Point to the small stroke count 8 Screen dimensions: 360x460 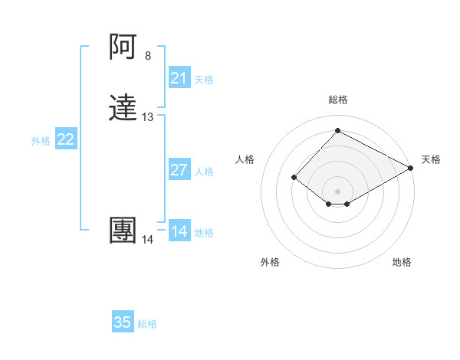(x=148, y=56)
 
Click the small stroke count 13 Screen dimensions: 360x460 (x=148, y=117)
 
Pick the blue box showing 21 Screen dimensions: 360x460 (x=179, y=78)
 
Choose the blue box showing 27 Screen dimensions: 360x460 (x=179, y=170)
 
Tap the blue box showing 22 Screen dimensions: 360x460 (x=66, y=139)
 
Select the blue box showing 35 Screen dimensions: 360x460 (x=123, y=322)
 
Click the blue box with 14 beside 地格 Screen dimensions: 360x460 (x=179, y=231)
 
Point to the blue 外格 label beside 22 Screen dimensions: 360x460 (x=41, y=141)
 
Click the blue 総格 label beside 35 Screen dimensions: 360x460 (x=147, y=324)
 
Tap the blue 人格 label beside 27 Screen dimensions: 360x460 (x=205, y=172)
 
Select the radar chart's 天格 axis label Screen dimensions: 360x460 (x=431, y=159)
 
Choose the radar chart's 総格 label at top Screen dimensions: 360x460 (x=338, y=100)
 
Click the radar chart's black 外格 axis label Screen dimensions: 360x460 (x=270, y=262)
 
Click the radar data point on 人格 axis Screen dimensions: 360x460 (x=294, y=178)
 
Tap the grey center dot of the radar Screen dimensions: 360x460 (x=338, y=191)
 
